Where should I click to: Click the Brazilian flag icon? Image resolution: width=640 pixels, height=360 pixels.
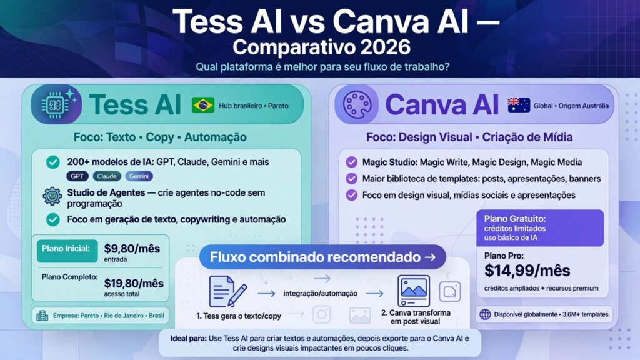click(x=203, y=105)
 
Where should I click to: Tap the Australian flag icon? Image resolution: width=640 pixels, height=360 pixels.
click(x=519, y=105)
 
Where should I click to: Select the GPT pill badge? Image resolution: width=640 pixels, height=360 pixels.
click(x=77, y=176)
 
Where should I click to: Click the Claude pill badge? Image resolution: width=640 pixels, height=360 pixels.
click(x=107, y=176)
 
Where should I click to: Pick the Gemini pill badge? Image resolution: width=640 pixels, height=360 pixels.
click(x=139, y=176)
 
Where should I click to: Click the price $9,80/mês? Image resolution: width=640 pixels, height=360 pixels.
click(x=132, y=249)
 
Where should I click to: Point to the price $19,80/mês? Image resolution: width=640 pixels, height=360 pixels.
click(x=134, y=283)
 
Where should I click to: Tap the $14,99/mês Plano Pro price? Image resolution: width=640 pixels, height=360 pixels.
click(x=527, y=271)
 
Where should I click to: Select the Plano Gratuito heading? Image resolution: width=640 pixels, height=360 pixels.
click(x=515, y=219)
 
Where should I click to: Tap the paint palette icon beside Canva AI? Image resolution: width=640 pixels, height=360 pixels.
click(x=357, y=104)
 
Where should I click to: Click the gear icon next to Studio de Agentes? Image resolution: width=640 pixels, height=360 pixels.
click(x=52, y=196)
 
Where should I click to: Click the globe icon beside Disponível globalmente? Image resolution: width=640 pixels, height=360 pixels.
click(x=485, y=315)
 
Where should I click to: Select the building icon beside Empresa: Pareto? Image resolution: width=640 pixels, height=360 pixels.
click(x=42, y=316)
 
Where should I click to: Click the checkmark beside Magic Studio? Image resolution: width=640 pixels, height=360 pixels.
click(x=351, y=162)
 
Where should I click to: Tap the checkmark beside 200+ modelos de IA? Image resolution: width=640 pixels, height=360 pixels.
click(x=52, y=162)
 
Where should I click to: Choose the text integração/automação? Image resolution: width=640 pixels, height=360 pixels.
click(x=321, y=294)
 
